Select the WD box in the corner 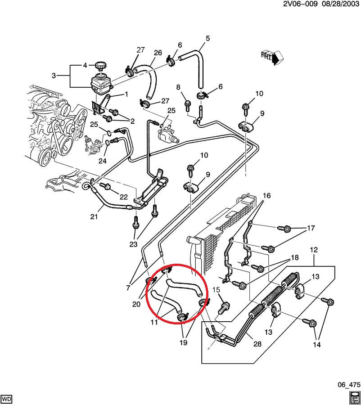[7, 399]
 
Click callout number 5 [208, 38]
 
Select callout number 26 [158, 53]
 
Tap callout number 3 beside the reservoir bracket [54, 76]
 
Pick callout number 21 [94, 217]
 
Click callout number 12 [314, 249]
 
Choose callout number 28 [257, 344]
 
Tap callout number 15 [217, 291]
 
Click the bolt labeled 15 [224, 308]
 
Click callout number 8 [178, 87]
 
